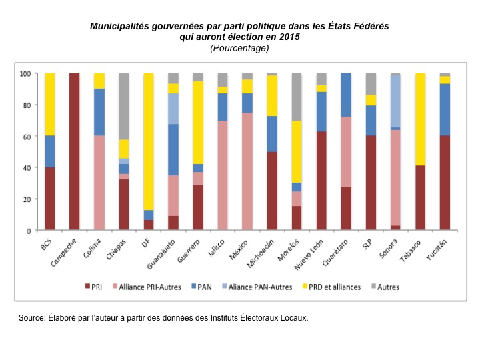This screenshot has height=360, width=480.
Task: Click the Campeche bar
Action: (x=75, y=151)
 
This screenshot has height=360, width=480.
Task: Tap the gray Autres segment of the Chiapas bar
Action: (x=124, y=106)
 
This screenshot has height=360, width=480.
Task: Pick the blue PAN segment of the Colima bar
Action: (x=99, y=112)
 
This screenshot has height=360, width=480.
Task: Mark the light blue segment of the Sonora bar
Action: (x=395, y=101)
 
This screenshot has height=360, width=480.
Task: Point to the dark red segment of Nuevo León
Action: (x=321, y=181)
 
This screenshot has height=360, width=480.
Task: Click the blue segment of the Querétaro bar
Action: (x=346, y=95)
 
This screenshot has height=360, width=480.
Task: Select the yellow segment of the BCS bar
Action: (x=50, y=104)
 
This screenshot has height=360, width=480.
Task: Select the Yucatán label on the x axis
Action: (x=437, y=247)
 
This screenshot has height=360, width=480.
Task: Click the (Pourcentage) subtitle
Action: (x=239, y=49)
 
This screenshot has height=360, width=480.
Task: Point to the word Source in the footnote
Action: (x=33, y=318)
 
